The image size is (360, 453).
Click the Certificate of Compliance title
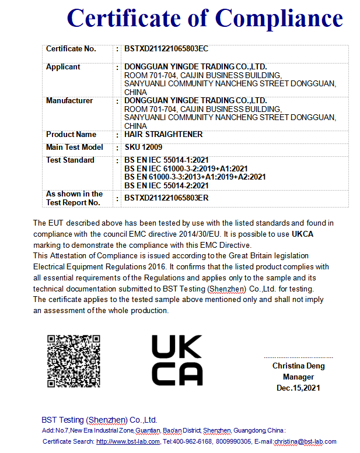point(204,18)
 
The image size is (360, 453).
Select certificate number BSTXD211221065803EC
point(166,49)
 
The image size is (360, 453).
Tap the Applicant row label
point(63,67)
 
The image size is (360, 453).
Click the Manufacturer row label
point(69,101)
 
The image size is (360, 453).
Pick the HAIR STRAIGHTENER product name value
point(163,135)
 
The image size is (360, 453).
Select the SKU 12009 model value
point(143,148)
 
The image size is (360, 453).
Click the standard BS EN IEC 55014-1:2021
point(166,160)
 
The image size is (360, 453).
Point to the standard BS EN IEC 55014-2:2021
point(166,185)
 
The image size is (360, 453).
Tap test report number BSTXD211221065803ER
point(166,198)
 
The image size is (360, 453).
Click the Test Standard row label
point(70,160)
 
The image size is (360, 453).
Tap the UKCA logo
point(177,360)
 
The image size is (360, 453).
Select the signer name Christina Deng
point(298,366)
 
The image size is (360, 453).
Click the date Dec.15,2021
point(298,388)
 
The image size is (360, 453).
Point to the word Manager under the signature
point(298,377)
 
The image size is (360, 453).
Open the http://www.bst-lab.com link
point(128,442)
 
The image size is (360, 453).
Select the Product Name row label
point(71,135)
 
